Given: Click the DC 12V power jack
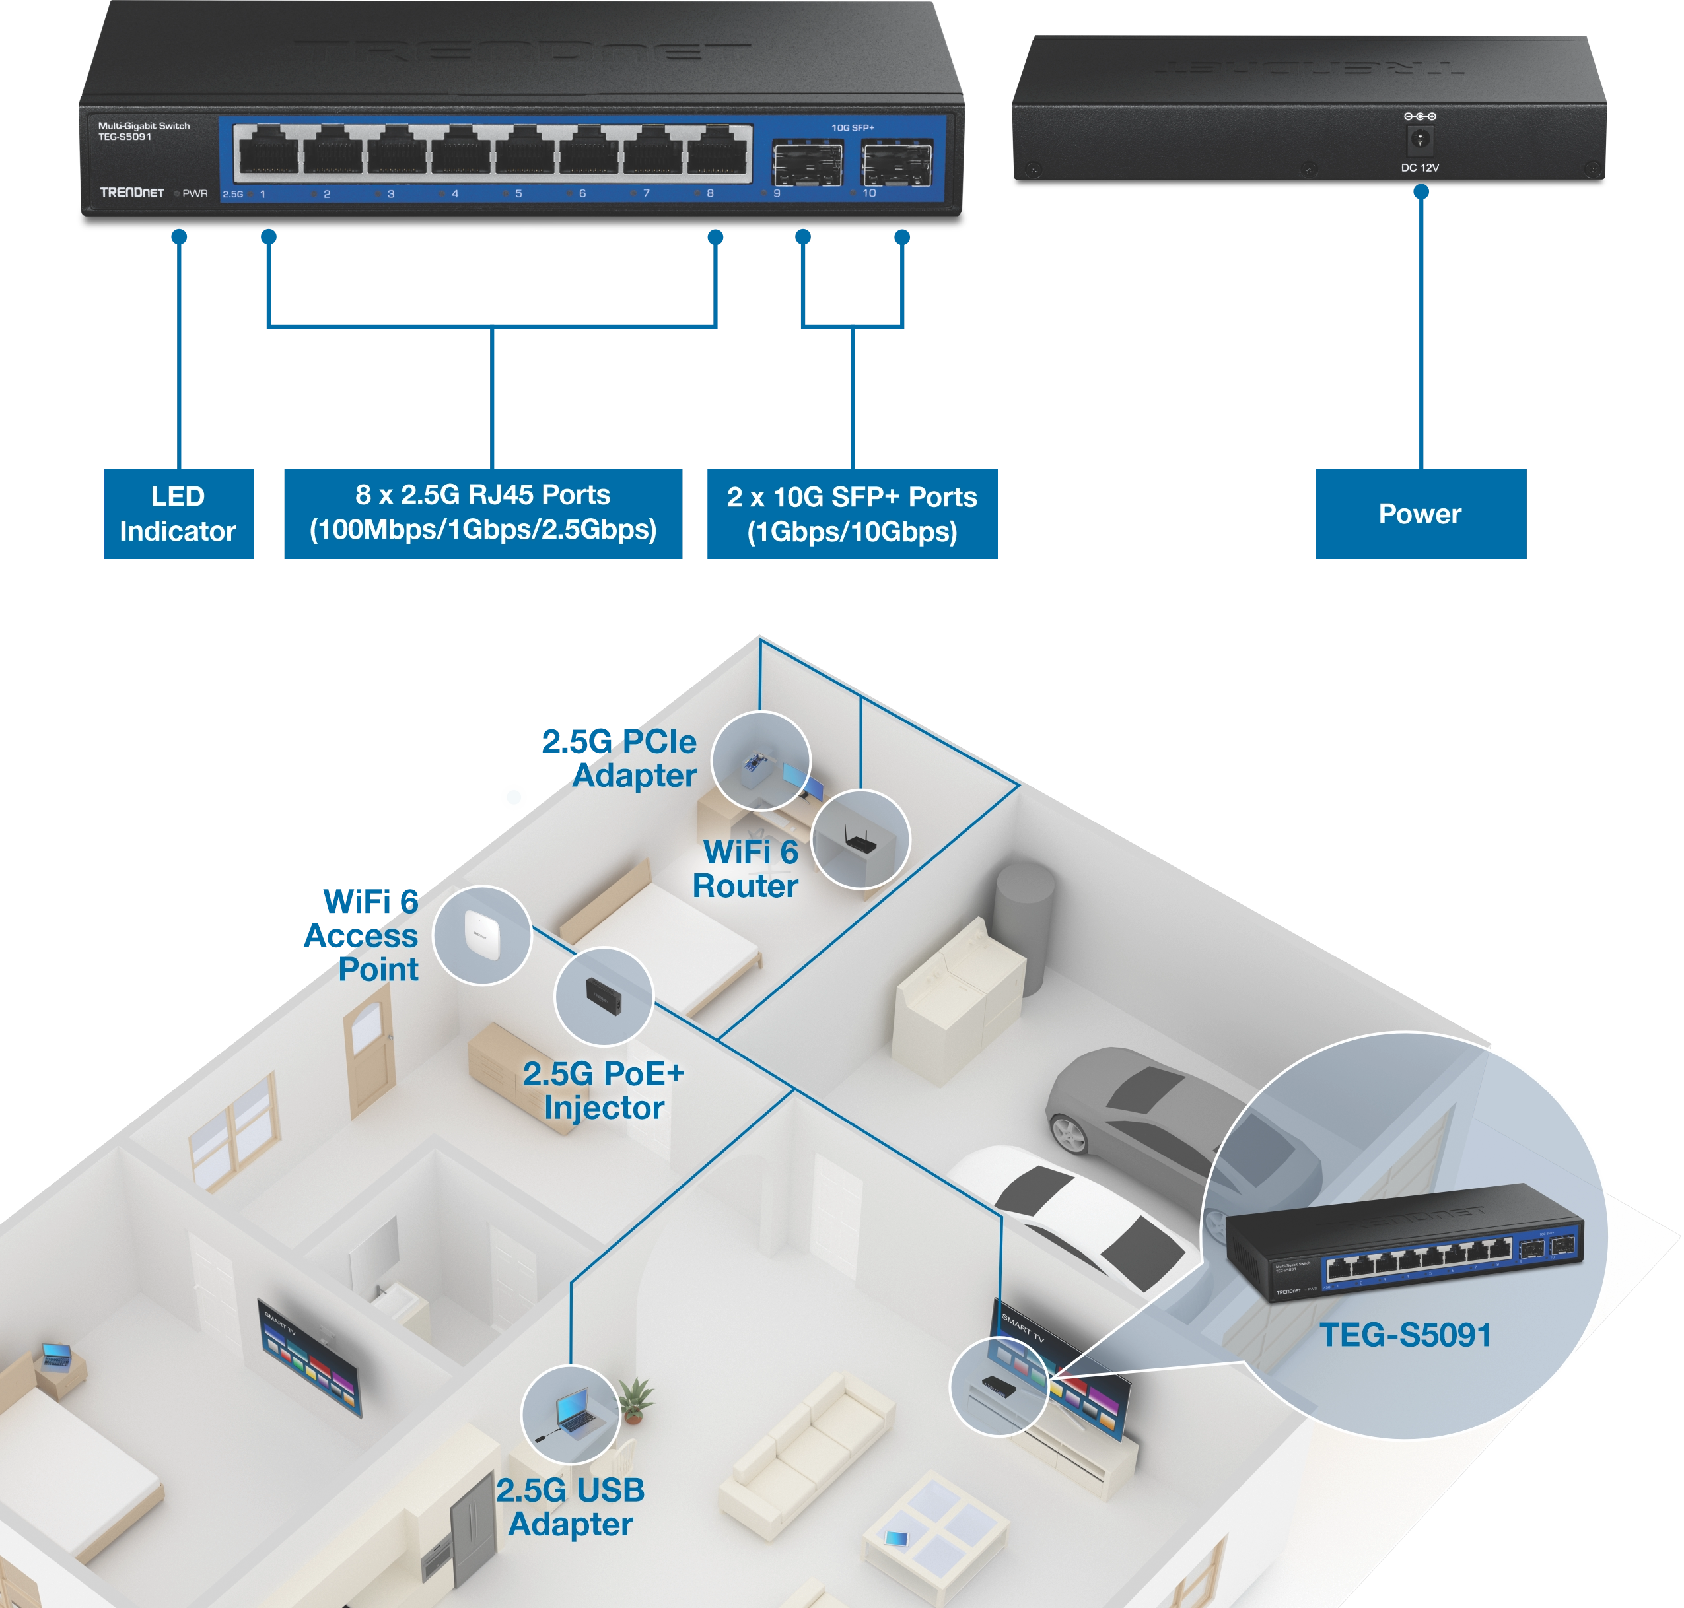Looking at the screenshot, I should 1420,138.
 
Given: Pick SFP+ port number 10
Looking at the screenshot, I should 896,163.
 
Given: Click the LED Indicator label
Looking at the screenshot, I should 178,514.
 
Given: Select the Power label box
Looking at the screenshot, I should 1419,514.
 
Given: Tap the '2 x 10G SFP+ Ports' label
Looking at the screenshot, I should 851,514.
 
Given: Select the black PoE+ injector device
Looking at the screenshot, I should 603,996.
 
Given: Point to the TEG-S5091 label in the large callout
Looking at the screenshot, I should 1405,1335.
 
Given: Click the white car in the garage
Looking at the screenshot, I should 1072,1217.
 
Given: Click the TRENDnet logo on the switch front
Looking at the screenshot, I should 131,193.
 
